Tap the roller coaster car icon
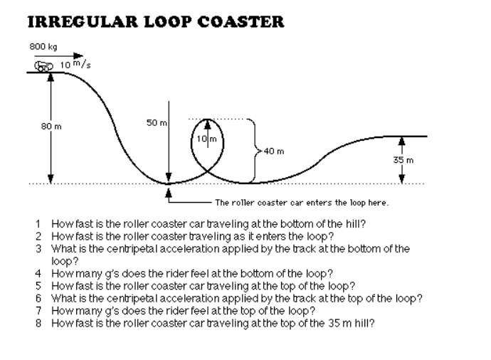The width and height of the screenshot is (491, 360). pos(44,66)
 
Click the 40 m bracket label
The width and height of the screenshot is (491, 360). pos(273,151)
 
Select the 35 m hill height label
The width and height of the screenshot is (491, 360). pos(403,161)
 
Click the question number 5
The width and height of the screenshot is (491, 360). pos(38,285)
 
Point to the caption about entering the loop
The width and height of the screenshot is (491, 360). pos(302,202)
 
